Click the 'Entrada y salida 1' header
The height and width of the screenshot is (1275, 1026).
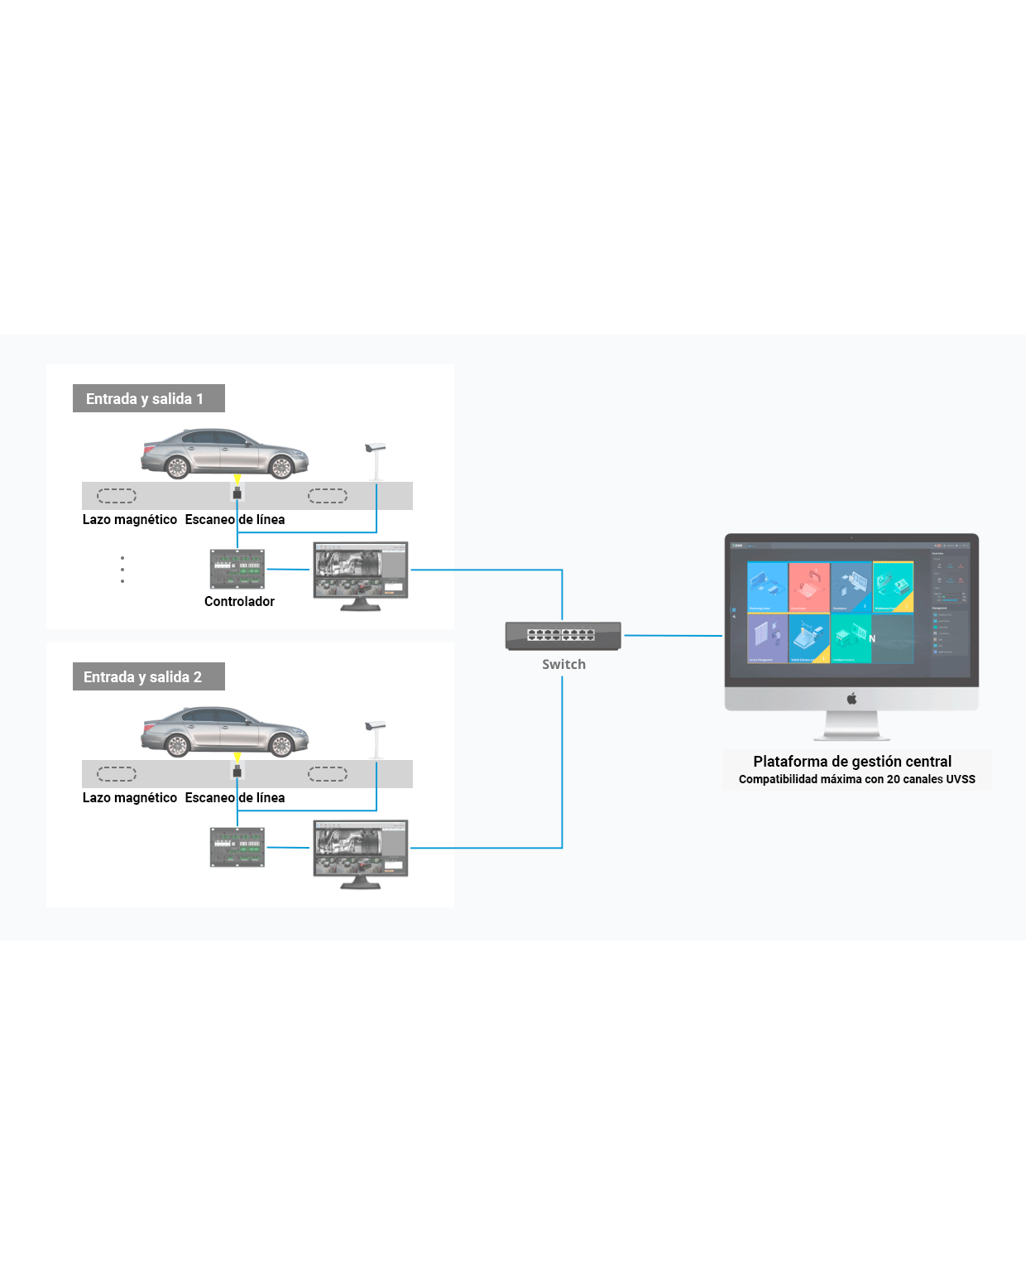pos(148,398)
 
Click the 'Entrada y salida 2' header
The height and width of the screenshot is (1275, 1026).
pos(148,676)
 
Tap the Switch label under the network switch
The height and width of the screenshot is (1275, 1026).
pos(563,664)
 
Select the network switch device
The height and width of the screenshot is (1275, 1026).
pos(563,635)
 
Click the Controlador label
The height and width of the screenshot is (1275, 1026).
pos(239,601)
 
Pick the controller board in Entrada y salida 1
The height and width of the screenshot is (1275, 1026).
pos(237,569)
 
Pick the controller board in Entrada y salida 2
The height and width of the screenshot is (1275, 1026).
pos(237,847)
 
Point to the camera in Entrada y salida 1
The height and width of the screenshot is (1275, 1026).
pos(375,449)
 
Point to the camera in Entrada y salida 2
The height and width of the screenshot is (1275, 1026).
pos(375,727)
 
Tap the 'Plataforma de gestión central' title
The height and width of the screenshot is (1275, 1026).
pos(852,761)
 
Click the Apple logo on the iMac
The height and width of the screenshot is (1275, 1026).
pos(851,699)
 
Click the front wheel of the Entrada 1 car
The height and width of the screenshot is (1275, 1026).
pos(281,468)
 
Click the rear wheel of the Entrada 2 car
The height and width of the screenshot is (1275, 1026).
pos(178,746)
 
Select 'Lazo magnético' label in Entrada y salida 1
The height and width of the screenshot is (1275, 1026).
pos(130,519)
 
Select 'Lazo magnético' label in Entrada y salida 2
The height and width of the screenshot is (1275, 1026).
pos(130,797)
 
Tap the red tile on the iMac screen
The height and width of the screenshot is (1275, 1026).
pos(808,587)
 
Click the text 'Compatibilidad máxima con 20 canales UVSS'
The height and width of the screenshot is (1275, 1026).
pos(856,779)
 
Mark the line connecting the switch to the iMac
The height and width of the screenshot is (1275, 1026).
pos(672,636)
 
